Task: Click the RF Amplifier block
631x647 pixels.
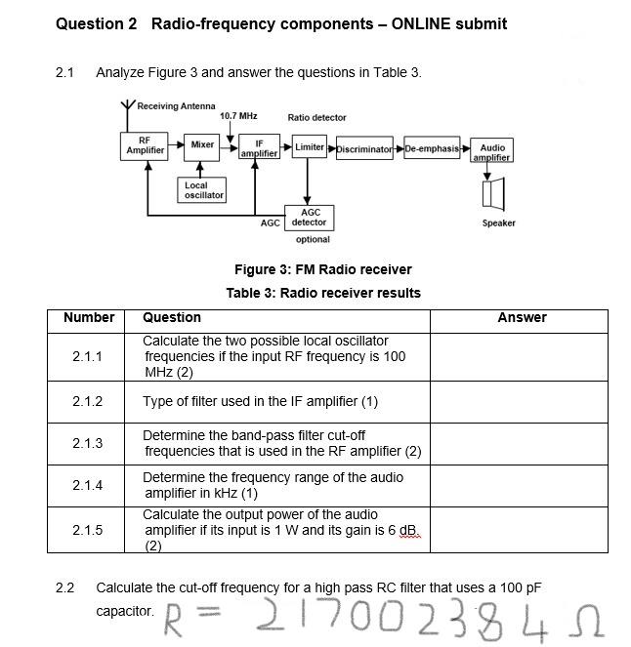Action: (x=145, y=145)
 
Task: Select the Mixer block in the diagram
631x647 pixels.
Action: (x=202, y=145)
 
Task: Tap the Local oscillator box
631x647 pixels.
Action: (x=203, y=189)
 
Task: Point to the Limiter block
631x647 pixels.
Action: (x=310, y=146)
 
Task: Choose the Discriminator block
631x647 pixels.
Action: (x=364, y=149)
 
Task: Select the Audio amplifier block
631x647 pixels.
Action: (x=492, y=152)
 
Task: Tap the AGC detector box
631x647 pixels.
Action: (x=310, y=217)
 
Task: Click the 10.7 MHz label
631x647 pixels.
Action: (x=238, y=116)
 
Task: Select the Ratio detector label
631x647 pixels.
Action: (x=316, y=117)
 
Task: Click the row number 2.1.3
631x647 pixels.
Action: (x=88, y=443)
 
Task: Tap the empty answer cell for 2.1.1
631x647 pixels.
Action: (x=519, y=357)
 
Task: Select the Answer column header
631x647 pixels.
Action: (x=522, y=317)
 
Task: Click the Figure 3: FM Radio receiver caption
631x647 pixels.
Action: (x=322, y=269)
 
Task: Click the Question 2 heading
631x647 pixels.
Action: (x=281, y=23)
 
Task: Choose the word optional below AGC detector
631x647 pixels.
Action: (x=312, y=239)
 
